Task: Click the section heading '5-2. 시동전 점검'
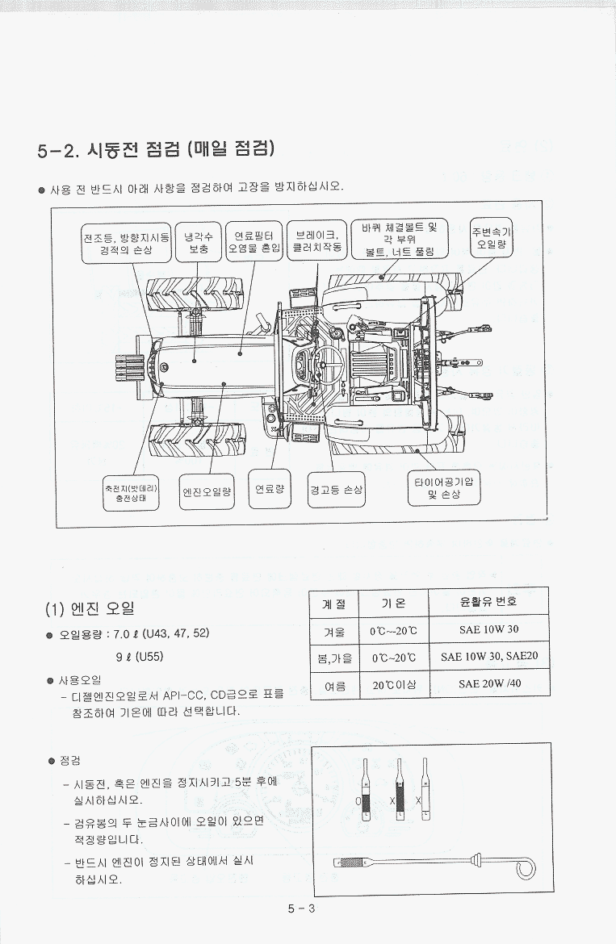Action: (157, 149)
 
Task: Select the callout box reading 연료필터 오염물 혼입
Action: (254, 241)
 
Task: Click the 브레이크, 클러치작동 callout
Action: (316, 240)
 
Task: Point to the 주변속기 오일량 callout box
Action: (492, 236)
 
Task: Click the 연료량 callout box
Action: (269, 489)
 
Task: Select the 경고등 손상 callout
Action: (336, 490)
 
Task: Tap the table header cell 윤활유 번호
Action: (488, 602)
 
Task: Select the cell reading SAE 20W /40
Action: (489, 683)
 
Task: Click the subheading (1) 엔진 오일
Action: (90, 608)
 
